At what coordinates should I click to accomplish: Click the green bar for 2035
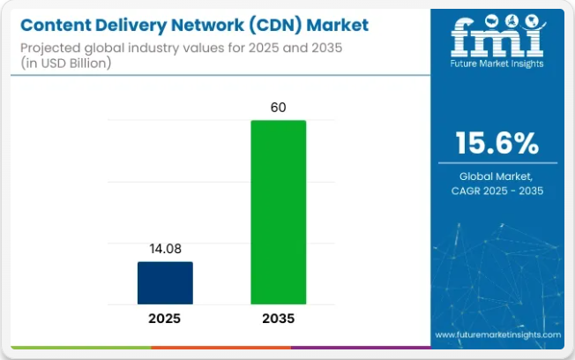278,212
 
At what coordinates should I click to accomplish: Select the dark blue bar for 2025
165,282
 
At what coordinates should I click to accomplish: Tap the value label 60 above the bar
278,108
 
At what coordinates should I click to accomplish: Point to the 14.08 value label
165,249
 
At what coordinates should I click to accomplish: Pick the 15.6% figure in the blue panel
499,143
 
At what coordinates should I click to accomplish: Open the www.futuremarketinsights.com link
497,335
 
